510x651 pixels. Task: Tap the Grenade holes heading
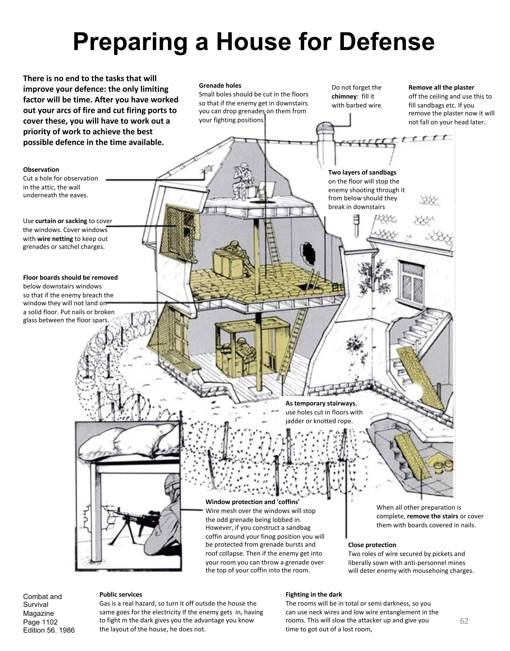point(220,86)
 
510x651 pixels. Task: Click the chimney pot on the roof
point(325,129)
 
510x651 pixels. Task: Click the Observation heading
point(41,170)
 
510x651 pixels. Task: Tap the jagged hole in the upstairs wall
point(308,253)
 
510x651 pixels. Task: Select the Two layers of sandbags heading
point(362,173)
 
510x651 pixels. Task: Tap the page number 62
point(464,621)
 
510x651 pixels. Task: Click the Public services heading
point(121,594)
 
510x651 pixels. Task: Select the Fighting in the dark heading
point(314,594)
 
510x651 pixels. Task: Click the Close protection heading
point(372,545)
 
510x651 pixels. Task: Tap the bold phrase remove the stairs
point(432,516)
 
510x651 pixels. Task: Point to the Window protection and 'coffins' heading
point(252,502)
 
